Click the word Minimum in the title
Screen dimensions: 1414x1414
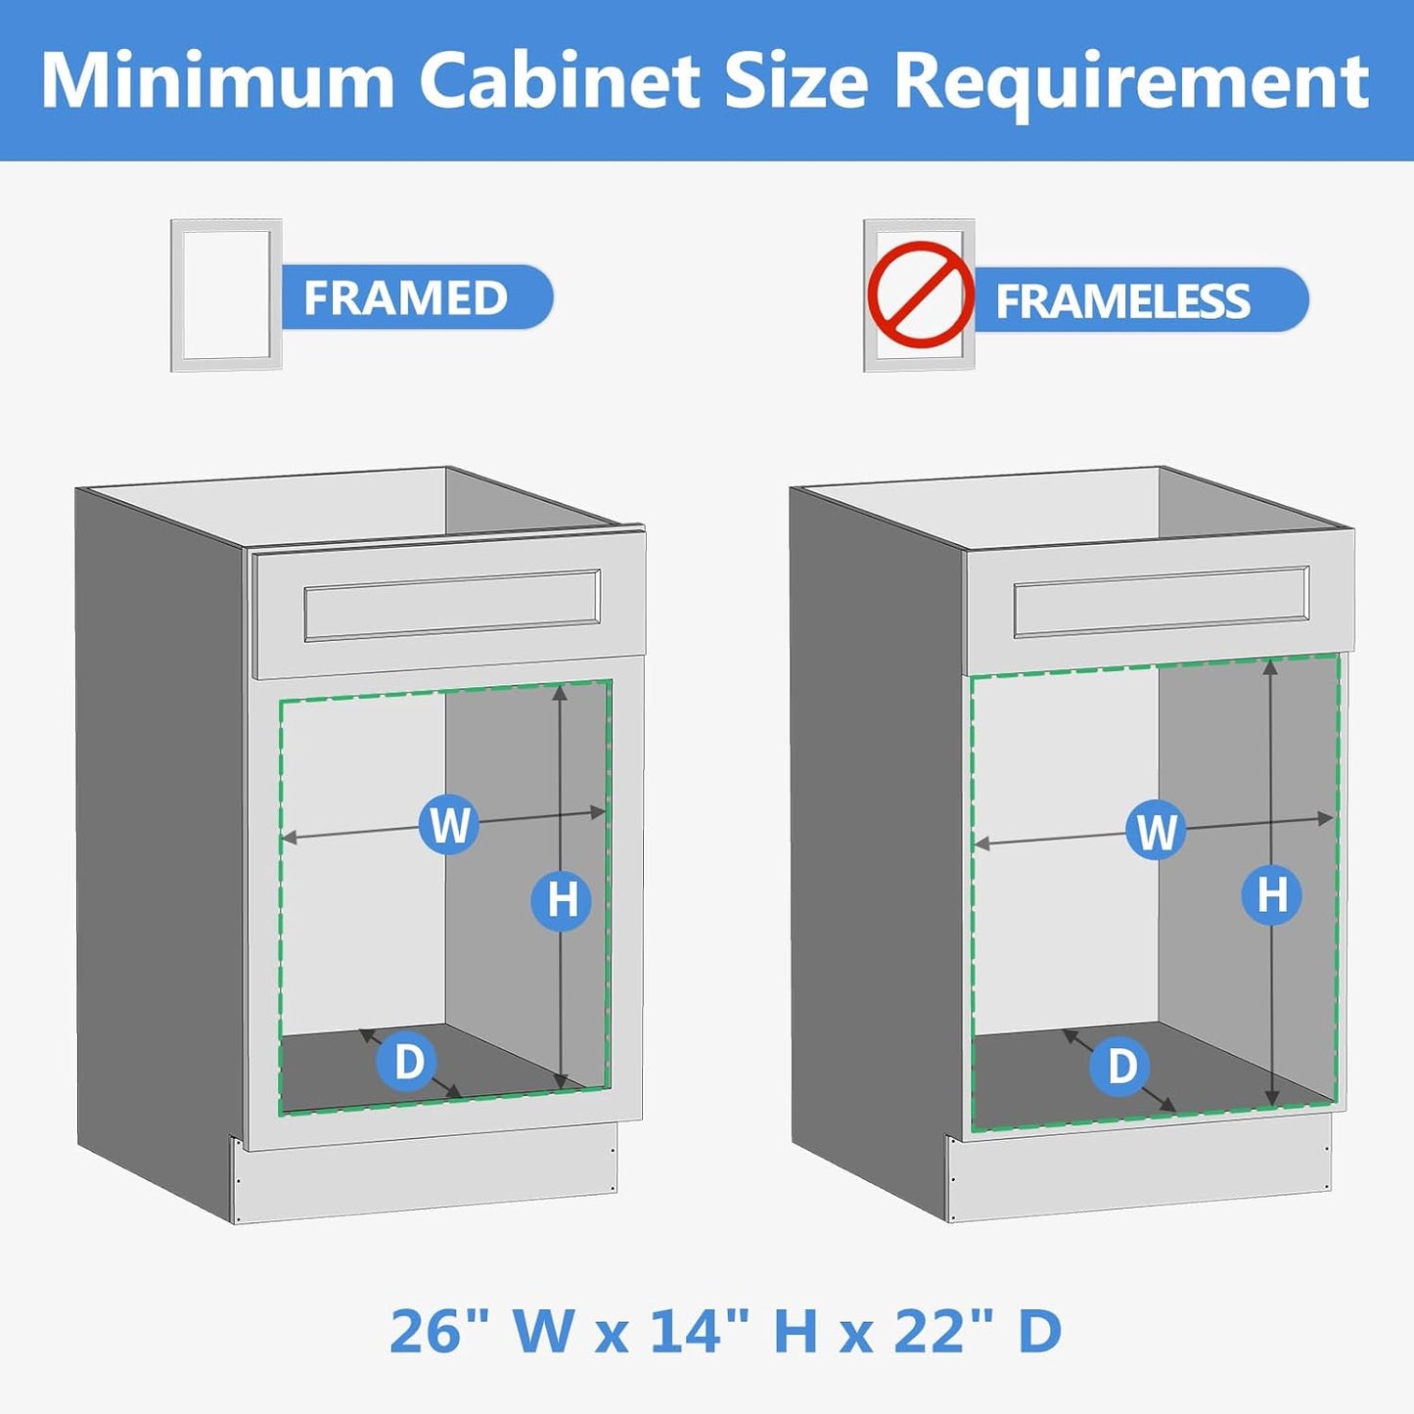[216, 80]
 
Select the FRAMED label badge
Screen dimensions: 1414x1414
[411, 297]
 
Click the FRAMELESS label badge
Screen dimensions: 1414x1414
[1135, 300]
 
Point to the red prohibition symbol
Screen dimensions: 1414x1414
[919, 295]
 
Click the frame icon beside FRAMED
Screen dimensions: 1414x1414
[226, 296]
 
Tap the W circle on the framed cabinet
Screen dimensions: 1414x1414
[448, 824]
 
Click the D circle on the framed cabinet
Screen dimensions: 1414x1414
[408, 1061]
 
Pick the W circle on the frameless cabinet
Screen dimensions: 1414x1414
[1156, 831]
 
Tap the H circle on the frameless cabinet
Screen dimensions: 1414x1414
[1271, 894]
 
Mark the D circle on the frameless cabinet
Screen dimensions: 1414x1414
[1121, 1066]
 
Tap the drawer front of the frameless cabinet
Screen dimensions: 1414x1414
[1161, 602]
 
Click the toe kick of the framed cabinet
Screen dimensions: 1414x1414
[424, 1173]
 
